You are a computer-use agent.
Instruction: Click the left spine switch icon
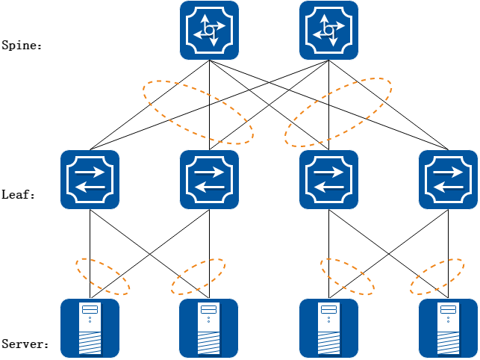click(x=209, y=31)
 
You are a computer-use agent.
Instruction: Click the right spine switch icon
click(x=328, y=31)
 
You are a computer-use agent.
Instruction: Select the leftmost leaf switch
click(x=90, y=179)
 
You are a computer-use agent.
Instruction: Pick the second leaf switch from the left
click(x=209, y=179)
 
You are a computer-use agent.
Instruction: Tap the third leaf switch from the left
click(x=328, y=179)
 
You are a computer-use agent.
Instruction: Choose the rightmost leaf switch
click(x=448, y=179)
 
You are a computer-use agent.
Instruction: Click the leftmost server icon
click(x=90, y=328)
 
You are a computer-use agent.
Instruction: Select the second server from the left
click(x=209, y=328)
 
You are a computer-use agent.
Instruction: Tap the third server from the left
click(x=328, y=328)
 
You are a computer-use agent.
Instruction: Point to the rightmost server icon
click(x=448, y=328)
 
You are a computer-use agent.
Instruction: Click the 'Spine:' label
click(x=22, y=46)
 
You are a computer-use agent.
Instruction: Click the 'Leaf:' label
click(x=19, y=195)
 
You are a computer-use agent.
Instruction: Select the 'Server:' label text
click(x=25, y=344)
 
